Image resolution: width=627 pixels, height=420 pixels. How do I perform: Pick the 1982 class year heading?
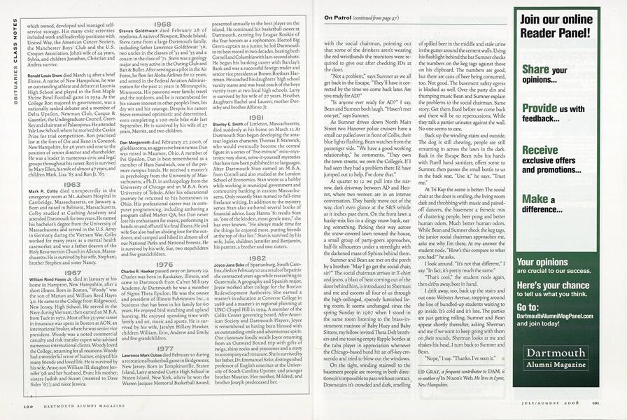pos(257,258)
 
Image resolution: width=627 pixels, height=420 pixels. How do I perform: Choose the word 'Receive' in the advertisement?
pos(540,150)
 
